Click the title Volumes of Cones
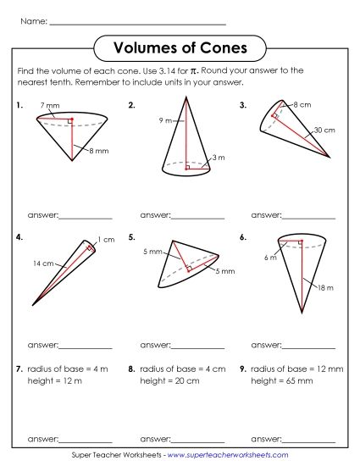180,47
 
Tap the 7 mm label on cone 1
50,106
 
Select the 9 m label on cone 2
166,121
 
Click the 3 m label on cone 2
219,158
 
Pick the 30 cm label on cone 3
324,130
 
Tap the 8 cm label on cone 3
302,104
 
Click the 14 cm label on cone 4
43,264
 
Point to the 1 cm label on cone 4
106,240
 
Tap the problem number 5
131,238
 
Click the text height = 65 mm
283,381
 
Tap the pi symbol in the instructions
193,71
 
